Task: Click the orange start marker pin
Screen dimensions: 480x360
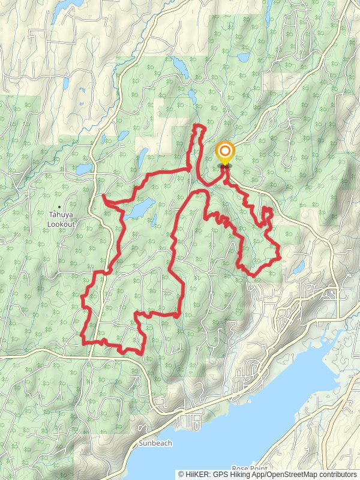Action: click(225, 152)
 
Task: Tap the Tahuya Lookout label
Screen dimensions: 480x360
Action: click(61, 220)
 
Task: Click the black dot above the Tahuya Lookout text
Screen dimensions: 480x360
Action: click(59, 208)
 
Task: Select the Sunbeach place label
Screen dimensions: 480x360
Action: click(155, 443)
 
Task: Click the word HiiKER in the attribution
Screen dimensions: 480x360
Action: click(199, 475)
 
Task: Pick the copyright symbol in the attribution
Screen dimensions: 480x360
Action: click(182, 475)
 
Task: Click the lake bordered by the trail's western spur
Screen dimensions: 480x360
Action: click(139, 209)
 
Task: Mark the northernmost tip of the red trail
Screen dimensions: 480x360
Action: click(199, 125)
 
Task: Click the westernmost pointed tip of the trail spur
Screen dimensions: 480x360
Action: click(103, 196)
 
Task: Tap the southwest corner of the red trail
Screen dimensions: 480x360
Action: click(83, 343)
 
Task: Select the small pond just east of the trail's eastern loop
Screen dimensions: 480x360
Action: click(299, 267)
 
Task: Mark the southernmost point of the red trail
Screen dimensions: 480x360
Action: click(142, 354)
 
